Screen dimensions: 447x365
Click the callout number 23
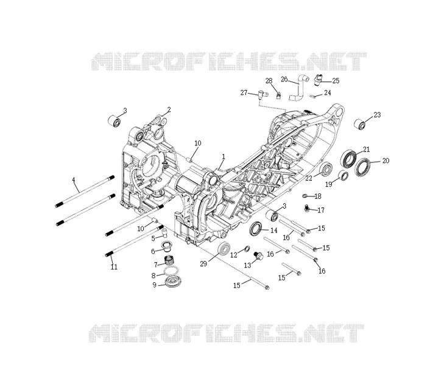377,115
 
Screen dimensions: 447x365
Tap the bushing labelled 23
360,125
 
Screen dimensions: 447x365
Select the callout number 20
385,161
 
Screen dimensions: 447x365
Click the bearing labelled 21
349,158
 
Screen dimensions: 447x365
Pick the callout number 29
203,264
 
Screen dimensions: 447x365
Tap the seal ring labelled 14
256,228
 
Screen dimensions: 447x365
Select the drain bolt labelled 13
259,255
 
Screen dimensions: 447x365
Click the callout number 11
114,267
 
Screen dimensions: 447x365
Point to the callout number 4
74,180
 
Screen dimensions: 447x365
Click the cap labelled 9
174,282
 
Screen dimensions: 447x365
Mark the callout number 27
244,93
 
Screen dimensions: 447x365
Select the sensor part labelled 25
318,80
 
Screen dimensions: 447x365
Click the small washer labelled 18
304,196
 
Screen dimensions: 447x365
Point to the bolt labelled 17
307,209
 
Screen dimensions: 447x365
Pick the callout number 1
224,156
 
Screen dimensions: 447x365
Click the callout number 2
169,109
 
